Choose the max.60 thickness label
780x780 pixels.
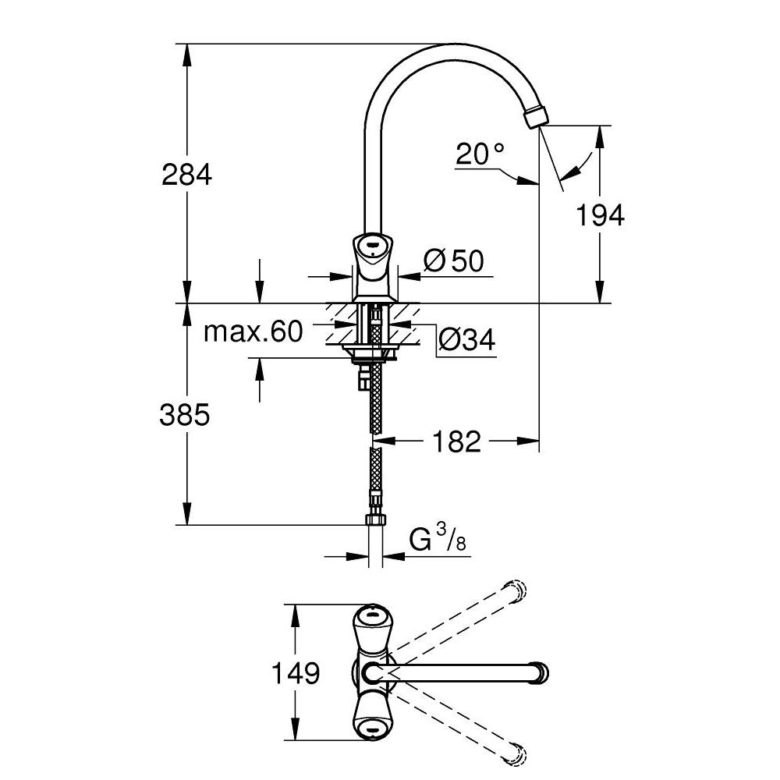[252, 332]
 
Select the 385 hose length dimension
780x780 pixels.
[185, 415]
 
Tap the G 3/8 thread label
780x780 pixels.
[438, 540]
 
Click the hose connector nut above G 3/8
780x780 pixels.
[375, 520]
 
